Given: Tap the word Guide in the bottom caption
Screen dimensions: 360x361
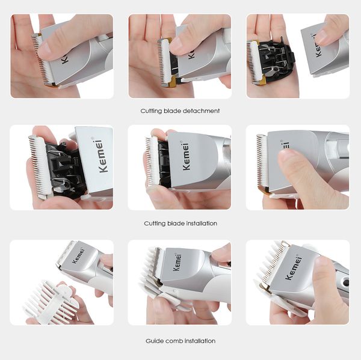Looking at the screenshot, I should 155,341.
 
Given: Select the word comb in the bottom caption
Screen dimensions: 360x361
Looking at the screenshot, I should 176,341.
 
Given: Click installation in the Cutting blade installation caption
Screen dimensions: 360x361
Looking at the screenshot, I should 197,223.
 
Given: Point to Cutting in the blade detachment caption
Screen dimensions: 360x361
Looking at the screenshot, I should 151,111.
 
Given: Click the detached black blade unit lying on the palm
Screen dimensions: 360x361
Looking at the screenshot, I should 274,60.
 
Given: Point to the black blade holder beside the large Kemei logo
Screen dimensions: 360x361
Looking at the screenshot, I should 60,169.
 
